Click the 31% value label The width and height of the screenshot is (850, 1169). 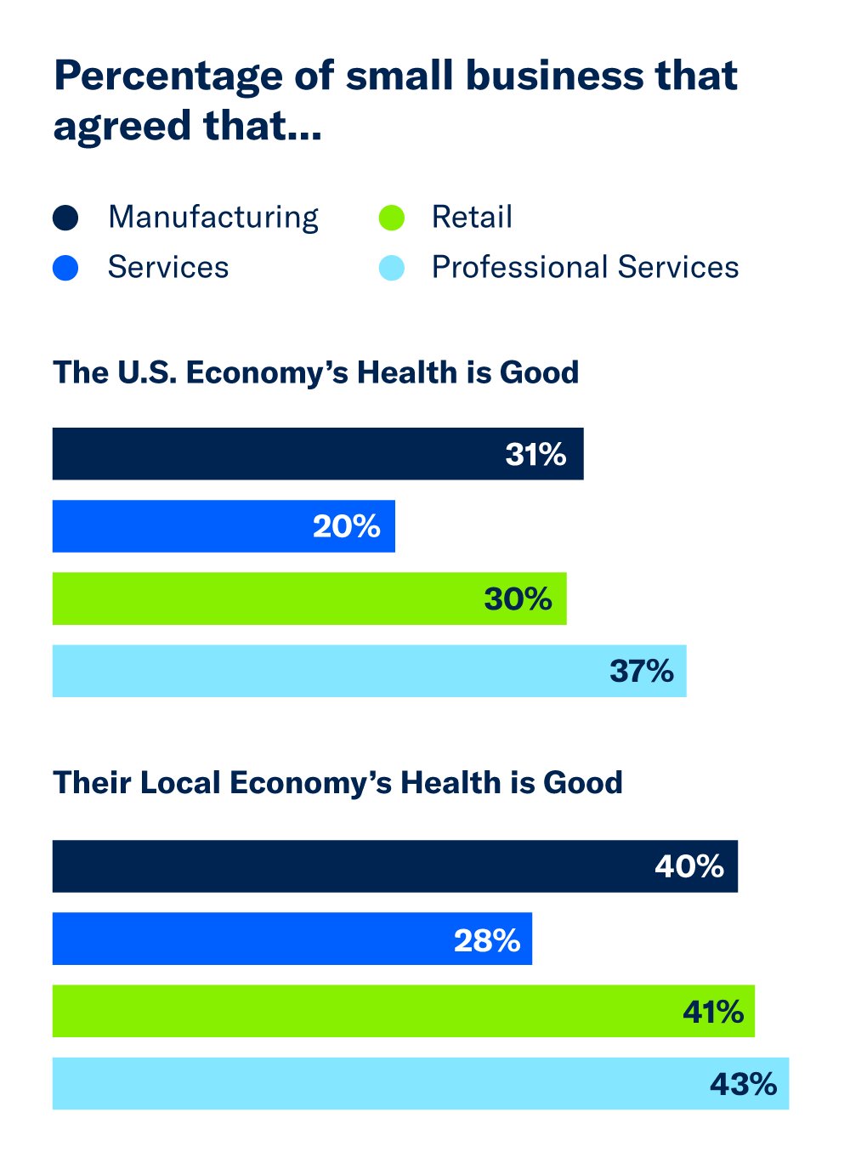click(x=535, y=455)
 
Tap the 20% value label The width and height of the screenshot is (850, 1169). click(x=346, y=527)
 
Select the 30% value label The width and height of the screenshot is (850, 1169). click(x=518, y=599)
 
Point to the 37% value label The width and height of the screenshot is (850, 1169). click(x=641, y=672)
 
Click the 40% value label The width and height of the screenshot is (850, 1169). click(x=688, y=866)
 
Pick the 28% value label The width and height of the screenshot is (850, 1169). click(x=486, y=940)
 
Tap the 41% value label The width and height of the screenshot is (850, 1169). click(x=712, y=1012)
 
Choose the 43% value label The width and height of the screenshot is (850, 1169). click(x=743, y=1085)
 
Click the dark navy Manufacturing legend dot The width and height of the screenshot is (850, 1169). click(x=65, y=218)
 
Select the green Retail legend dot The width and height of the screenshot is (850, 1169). click(x=391, y=218)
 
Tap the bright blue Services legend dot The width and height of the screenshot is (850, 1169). click(x=65, y=269)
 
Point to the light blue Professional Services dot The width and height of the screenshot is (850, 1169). click(x=391, y=269)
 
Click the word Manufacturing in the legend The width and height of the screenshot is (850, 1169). click(x=213, y=218)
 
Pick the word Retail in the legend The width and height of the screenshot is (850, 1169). click(x=472, y=218)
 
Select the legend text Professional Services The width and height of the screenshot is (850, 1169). click(x=585, y=268)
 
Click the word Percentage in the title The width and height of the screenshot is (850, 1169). click(x=168, y=77)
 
